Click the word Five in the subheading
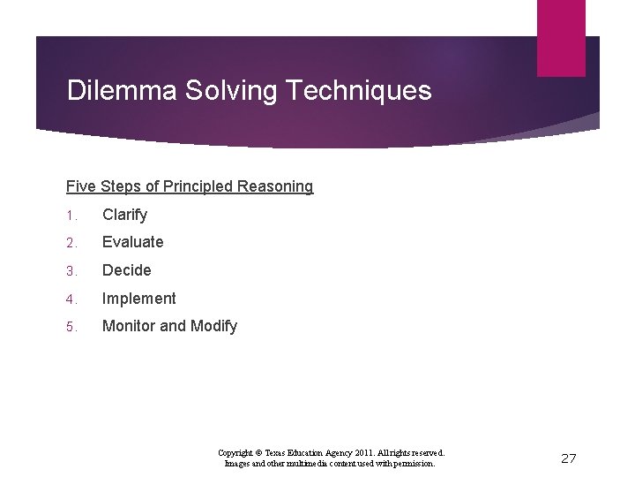[81, 186]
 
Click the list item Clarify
[125, 215]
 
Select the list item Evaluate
[133, 242]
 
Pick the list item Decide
[127, 270]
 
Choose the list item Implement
[139, 299]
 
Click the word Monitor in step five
[130, 326]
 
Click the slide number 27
[569, 458]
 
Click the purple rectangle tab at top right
[561, 37]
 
